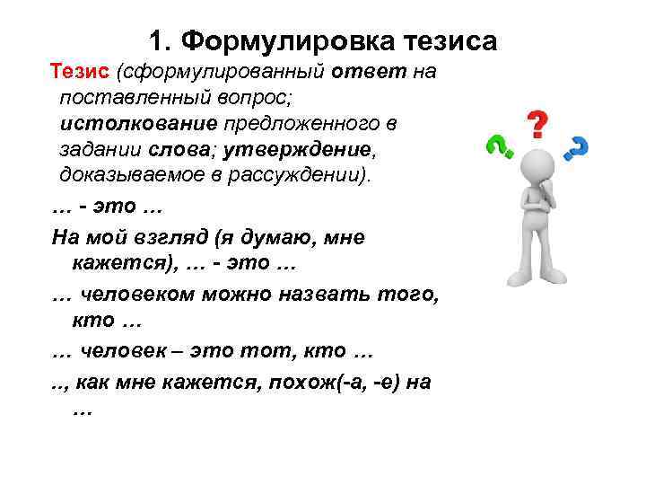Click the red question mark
tap(536, 124)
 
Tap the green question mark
tap(497, 145)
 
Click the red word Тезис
tap(78, 71)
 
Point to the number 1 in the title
tap(156, 41)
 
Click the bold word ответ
tap(371, 71)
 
